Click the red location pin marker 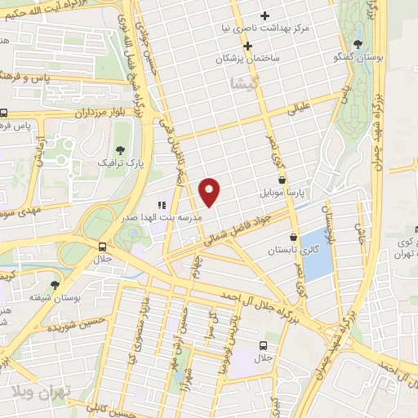[x=210, y=191]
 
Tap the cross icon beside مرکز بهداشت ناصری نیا [x=265, y=16]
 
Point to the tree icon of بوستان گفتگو [x=358, y=45]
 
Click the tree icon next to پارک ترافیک [x=120, y=149]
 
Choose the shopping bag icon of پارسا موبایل [x=282, y=180]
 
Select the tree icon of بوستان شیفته [x=55, y=285]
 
